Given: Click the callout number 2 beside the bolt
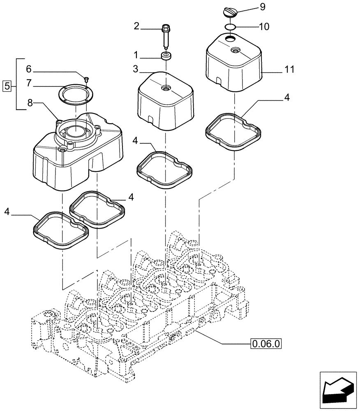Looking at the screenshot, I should click(x=136, y=26).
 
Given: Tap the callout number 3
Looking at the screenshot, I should click(x=136, y=69).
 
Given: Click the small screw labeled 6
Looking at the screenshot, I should click(x=86, y=79).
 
